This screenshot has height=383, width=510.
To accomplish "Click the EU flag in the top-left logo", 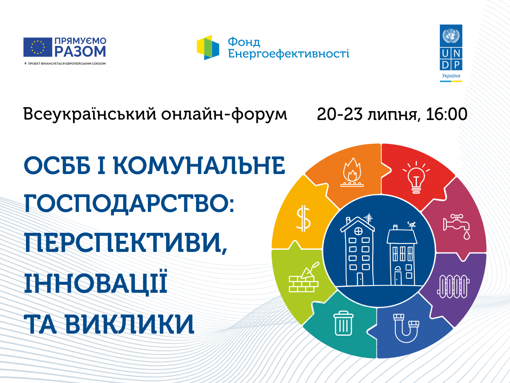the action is tap(38, 47).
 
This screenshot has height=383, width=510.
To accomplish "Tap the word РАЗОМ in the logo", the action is tap(80, 51).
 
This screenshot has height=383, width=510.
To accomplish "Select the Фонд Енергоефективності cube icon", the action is tap(208, 47).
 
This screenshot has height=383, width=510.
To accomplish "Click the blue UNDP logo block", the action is tap(451, 47).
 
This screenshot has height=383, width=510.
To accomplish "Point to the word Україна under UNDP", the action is tap(451, 76).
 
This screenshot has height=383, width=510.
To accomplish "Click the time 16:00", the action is tap(447, 114).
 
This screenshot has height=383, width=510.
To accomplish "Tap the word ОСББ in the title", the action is tap(57, 166).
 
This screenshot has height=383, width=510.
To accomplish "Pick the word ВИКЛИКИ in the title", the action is tap(130, 324).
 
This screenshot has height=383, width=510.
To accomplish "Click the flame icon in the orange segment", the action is tap(352, 172).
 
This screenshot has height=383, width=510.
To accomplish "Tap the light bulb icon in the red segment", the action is tap(416, 177).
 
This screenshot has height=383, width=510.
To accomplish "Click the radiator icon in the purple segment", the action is tap(453, 286).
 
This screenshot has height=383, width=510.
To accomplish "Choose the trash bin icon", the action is tap(343, 323).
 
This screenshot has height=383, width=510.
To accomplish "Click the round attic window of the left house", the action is tap(358, 231).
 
